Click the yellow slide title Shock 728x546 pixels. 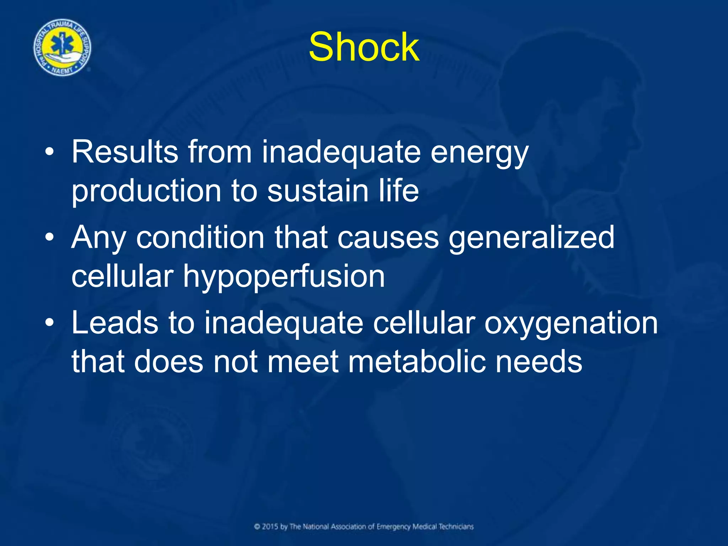(x=364, y=47)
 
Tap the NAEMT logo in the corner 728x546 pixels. (x=62, y=48)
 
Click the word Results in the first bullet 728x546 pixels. (x=125, y=152)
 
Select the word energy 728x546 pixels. (x=480, y=154)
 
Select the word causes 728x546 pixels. (x=388, y=238)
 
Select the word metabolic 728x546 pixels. (x=417, y=362)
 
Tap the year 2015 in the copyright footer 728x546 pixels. (x=270, y=526)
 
